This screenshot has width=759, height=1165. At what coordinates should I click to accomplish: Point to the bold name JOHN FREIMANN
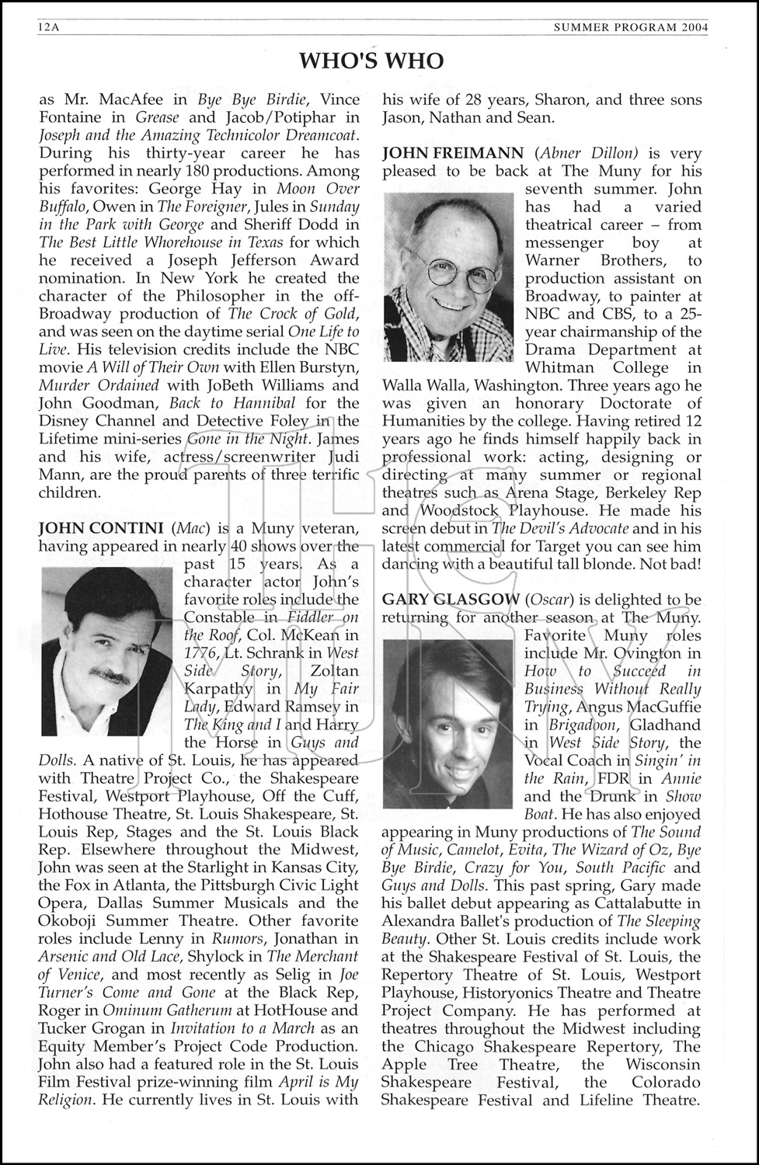(x=449, y=154)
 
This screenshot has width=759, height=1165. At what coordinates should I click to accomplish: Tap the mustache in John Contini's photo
(x=110, y=674)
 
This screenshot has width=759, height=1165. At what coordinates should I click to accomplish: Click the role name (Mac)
(x=190, y=529)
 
